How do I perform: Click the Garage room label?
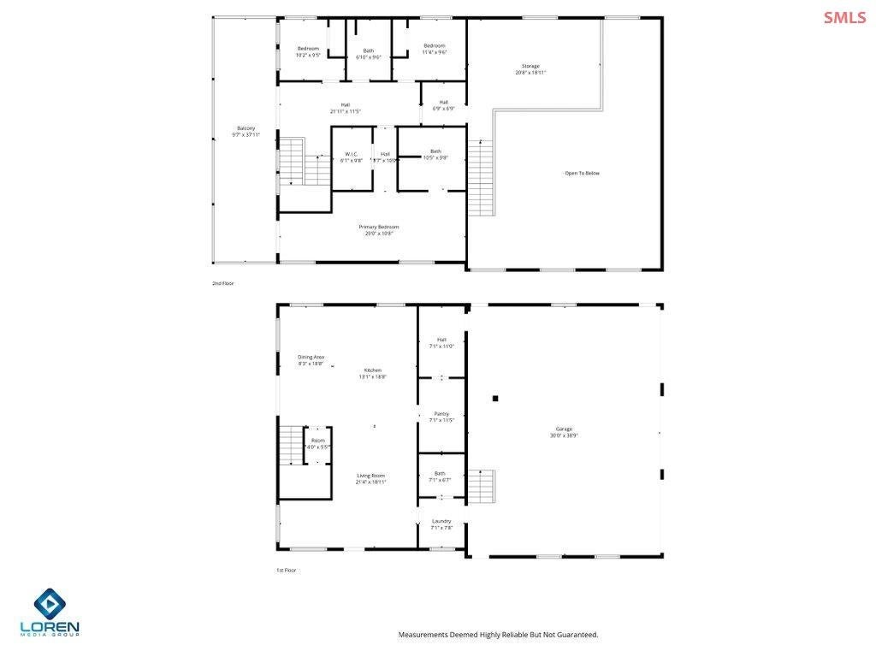(x=564, y=432)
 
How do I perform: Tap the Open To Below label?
(x=582, y=173)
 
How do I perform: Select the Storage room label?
(x=531, y=69)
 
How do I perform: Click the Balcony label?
(x=246, y=131)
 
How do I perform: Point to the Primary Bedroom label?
(x=378, y=229)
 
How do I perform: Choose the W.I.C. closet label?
(x=351, y=157)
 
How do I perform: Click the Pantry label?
(x=441, y=417)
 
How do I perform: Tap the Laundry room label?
(x=441, y=524)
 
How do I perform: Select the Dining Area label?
(x=311, y=360)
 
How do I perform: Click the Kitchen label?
(x=372, y=373)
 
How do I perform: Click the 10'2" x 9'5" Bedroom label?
(x=308, y=50)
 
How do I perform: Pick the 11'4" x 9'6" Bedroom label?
(x=435, y=49)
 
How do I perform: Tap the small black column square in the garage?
(x=494, y=398)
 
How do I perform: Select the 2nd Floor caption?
(x=223, y=283)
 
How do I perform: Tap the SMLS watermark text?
(x=844, y=17)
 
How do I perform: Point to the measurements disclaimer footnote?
(x=498, y=635)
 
